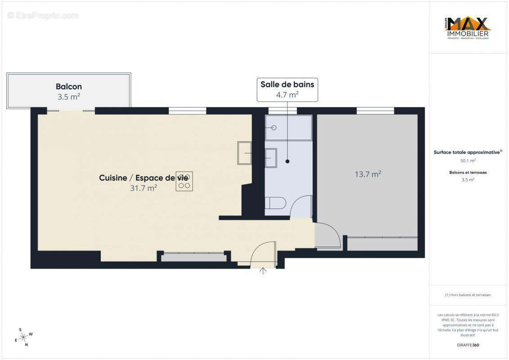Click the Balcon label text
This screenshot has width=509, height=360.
[x=69, y=86]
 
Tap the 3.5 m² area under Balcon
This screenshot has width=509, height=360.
[x=69, y=96]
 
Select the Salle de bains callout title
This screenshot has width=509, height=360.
[x=287, y=84]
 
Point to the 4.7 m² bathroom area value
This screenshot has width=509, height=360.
[x=287, y=94]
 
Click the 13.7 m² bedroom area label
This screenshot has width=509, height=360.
[x=368, y=174]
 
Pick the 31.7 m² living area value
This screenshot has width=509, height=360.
[x=143, y=188]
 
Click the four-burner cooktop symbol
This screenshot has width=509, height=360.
[x=184, y=181]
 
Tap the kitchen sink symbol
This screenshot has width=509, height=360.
[x=244, y=153]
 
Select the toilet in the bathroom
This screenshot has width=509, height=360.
[x=275, y=203]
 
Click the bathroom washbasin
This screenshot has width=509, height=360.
[x=272, y=158]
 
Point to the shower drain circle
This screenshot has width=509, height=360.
[x=274, y=128]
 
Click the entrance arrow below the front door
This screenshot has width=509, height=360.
[x=263, y=271]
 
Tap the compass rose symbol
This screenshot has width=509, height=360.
[x=24, y=336]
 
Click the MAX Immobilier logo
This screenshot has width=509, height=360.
[x=468, y=28]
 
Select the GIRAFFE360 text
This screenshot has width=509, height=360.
[x=468, y=345]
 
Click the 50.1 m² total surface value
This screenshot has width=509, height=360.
[x=468, y=160]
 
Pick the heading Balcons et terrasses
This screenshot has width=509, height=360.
[x=468, y=172]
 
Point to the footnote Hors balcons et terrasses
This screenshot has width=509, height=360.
[x=468, y=295]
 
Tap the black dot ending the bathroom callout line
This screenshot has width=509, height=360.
[x=287, y=161]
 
